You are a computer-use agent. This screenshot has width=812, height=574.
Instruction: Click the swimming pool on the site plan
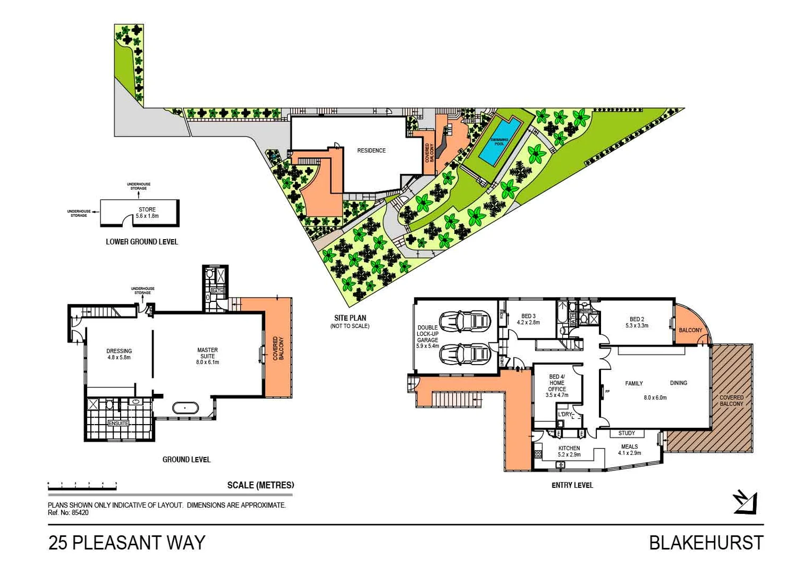coord(500,141)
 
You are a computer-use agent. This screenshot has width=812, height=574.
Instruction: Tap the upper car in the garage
coord(464,320)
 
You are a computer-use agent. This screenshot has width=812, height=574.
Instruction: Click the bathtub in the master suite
coord(185,408)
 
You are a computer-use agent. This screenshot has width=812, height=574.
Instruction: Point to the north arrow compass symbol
coord(745,502)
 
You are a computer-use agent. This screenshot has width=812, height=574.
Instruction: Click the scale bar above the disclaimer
coord(82,485)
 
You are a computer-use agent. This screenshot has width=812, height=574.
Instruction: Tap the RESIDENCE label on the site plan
coord(371,150)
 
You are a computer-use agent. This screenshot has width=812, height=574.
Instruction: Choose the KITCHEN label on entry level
coord(569,448)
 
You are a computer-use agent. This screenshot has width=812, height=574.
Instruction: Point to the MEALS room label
coord(629,446)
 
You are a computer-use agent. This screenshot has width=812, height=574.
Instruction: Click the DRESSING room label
coord(119,351)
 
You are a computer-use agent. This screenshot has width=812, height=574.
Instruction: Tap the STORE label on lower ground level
coord(147,209)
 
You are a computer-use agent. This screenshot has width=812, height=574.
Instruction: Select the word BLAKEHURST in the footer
coord(706,543)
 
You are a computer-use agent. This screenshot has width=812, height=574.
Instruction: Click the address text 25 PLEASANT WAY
coord(126,543)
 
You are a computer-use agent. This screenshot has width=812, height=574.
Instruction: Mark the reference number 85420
coord(80,513)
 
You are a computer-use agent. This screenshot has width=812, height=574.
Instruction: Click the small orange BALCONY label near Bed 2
coord(690,330)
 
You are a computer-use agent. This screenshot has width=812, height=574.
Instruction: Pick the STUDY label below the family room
coord(627,433)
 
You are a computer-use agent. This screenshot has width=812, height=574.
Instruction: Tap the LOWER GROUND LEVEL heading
coord(142,242)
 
